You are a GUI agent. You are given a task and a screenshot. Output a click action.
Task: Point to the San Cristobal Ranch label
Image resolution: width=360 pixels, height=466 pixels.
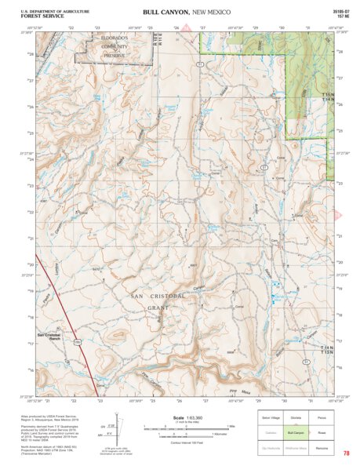49,336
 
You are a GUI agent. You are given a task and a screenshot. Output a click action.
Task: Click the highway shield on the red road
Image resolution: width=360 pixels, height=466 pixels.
78,341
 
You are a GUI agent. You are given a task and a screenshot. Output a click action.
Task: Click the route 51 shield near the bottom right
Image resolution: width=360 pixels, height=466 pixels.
307,360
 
